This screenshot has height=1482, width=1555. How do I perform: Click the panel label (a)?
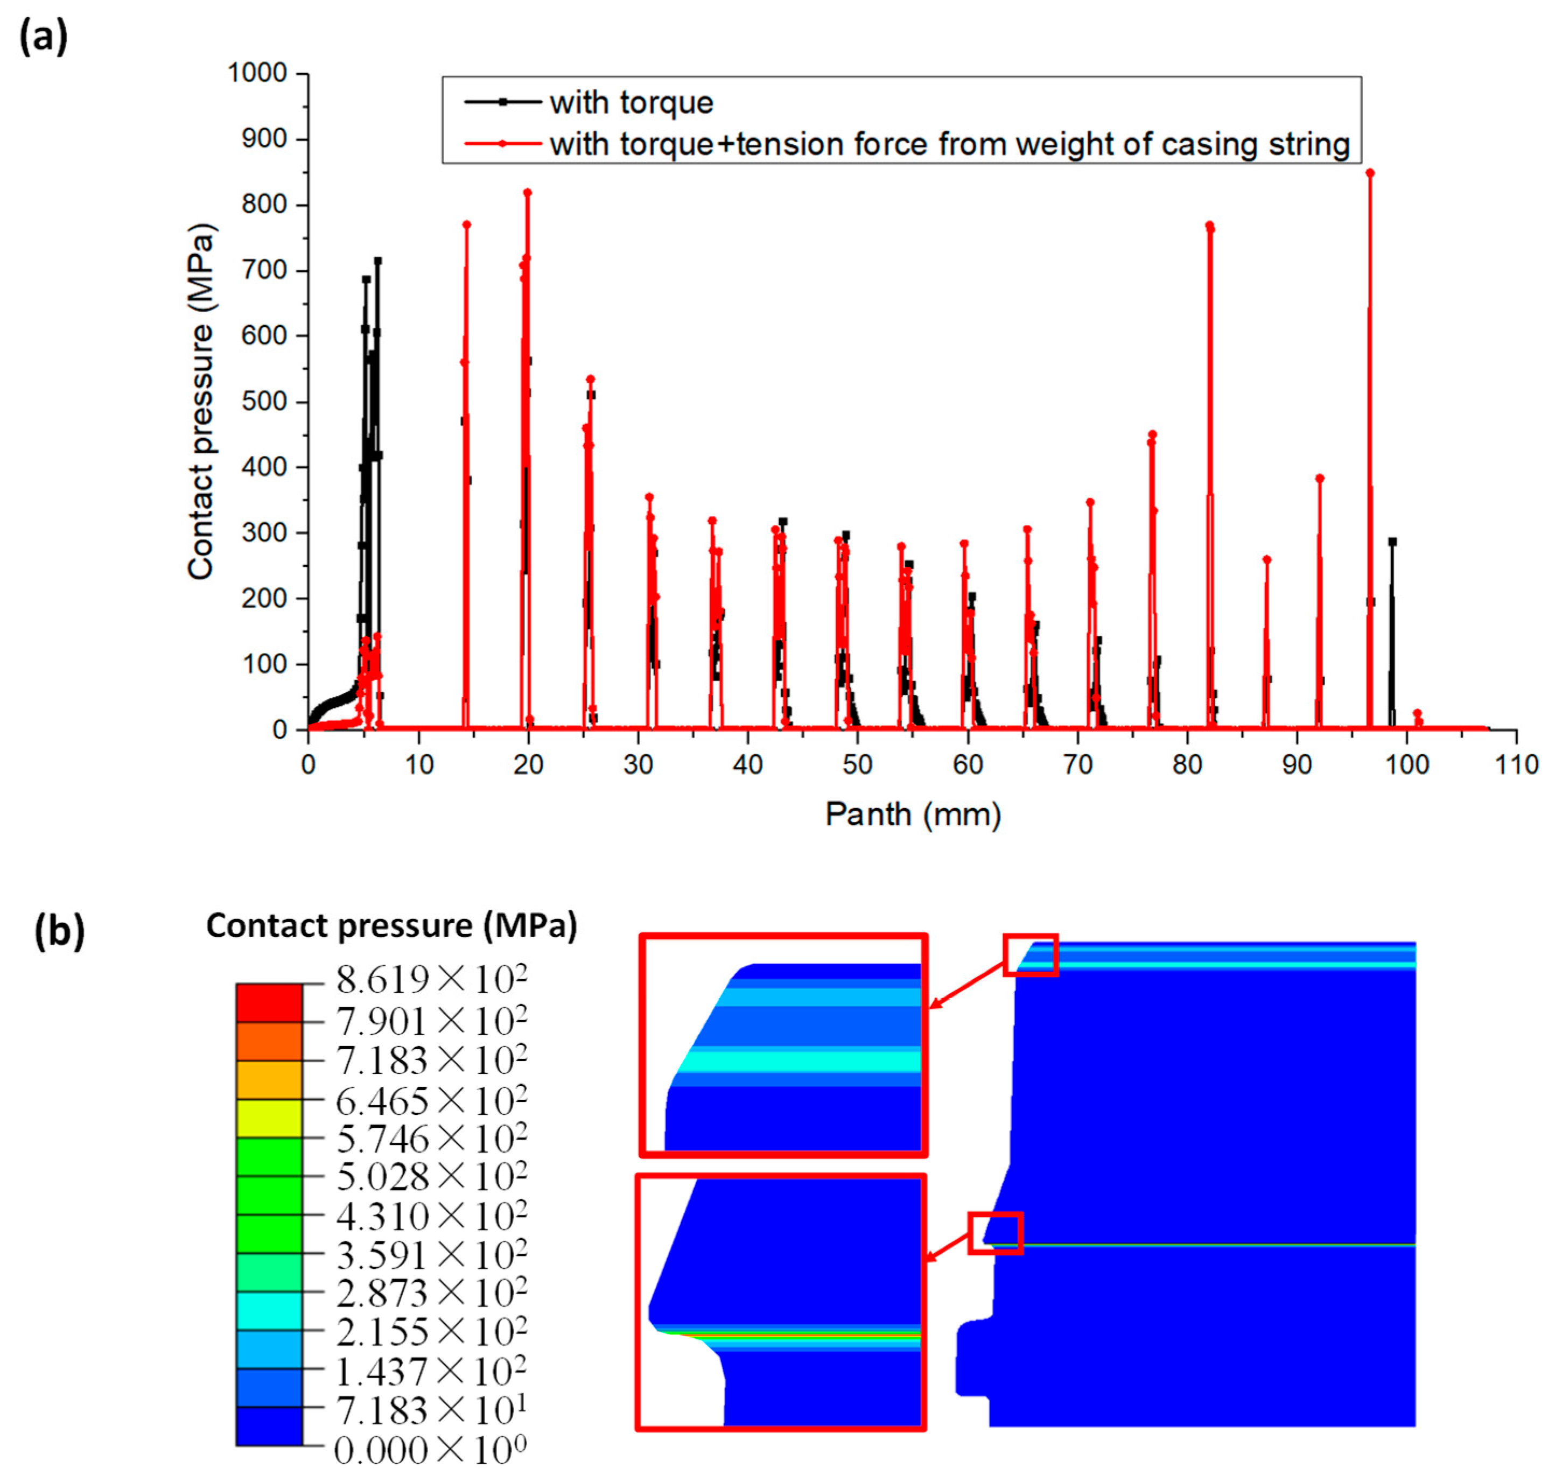(44, 37)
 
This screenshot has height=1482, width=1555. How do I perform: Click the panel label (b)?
(59, 931)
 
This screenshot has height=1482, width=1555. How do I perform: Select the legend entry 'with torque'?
(631, 103)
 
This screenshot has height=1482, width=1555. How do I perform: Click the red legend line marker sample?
(502, 144)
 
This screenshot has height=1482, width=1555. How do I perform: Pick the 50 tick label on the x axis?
(857, 765)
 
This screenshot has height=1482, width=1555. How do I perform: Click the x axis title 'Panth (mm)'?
(913, 814)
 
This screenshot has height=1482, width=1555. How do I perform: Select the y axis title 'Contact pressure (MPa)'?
(201, 401)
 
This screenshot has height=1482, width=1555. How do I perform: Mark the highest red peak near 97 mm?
(1369, 173)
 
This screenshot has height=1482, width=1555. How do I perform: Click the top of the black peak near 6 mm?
(377, 261)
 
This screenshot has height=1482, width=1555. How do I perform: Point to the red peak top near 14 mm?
(466, 225)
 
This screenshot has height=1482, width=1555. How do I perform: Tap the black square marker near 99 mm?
(1392, 542)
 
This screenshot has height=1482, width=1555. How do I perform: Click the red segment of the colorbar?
(269, 1002)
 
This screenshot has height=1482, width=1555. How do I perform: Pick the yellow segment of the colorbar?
(269, 1117)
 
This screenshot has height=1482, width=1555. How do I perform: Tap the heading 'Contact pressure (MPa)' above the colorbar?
(391, 926)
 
